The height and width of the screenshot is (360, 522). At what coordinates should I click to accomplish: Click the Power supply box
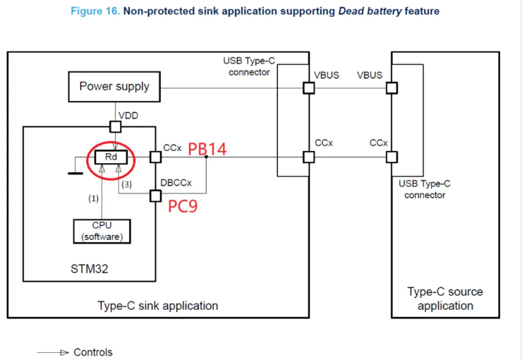tap(114, 87)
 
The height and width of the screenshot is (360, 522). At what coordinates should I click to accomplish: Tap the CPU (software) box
tap(102, 231)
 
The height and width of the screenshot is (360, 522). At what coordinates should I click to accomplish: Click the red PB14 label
tap(207, 149)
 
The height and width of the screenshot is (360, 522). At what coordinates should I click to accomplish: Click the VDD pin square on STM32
tap(114, 127)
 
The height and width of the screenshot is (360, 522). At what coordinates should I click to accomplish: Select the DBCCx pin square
tap(155, 197)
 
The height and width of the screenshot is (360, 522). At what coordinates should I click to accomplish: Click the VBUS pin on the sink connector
tap(308, 88)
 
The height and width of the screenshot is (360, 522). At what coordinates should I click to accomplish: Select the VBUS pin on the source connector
tap(391, 88)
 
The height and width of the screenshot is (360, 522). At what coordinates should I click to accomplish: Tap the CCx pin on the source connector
tap(391, 157)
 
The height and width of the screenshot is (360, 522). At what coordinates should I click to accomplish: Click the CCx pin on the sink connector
tap(308, 157)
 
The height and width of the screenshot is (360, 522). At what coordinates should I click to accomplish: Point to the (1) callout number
tap(92, 199)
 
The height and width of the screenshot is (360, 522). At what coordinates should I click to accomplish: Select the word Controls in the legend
tap(93, 352)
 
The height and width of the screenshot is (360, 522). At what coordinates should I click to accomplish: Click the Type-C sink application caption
tap(157, 306)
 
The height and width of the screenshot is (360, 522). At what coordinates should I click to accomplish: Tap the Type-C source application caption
tap(444, 299)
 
